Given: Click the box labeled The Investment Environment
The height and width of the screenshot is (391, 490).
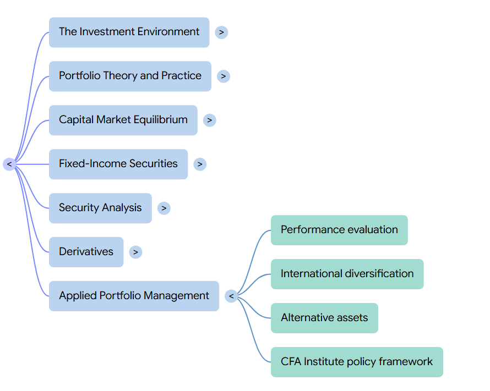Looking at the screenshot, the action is (129, 32).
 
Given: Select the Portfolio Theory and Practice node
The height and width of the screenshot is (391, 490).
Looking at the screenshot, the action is (130, 76).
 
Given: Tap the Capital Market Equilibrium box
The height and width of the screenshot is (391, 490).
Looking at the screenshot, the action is (123, 120).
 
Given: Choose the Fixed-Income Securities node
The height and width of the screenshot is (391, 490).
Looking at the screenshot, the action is (118, 164).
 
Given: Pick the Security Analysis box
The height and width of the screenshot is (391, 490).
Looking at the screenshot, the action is (100, 208).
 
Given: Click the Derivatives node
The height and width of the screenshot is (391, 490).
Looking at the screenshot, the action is (86, 252).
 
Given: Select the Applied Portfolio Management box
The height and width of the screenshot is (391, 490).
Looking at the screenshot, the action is (134, 296).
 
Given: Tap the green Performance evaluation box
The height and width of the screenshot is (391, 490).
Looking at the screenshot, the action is (339, 230).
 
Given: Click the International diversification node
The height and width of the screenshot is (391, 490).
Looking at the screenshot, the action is (347, 274).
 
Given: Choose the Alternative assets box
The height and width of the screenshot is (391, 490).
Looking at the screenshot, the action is (324, 318).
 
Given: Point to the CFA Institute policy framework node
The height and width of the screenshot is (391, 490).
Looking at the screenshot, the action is (357, 362).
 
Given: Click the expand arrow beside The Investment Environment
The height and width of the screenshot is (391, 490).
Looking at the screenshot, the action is (221, 32).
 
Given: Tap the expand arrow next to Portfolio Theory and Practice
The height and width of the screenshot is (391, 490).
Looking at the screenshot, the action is (224, 76).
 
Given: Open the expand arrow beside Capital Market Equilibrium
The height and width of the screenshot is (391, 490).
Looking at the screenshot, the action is (209, 120).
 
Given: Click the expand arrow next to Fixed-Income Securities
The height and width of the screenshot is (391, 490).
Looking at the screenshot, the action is (200, 164).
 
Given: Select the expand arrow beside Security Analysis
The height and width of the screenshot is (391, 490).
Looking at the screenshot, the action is (164, 208).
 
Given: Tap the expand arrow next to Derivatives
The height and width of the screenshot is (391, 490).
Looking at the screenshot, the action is (135, 252).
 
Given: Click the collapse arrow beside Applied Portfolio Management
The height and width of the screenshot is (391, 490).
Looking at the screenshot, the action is (231, 296).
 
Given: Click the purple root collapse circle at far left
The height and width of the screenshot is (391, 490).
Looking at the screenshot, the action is (9, 164).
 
